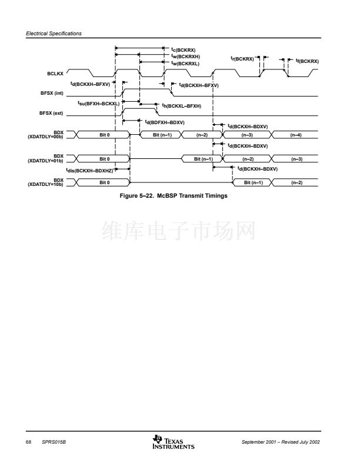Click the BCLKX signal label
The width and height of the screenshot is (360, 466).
55,74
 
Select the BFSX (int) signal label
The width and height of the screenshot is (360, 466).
52,93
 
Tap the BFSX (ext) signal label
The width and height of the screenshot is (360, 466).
51,113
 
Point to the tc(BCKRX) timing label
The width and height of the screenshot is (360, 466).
184,49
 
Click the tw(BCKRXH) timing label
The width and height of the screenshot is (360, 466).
186,56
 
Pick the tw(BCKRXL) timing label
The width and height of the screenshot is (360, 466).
185,64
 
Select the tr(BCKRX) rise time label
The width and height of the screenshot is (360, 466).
242,59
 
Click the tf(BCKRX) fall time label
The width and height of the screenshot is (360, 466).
308,61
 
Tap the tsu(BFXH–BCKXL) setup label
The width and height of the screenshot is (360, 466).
99,104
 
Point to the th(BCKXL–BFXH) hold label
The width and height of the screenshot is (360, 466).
182,106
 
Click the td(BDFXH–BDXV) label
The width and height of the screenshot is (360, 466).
165,122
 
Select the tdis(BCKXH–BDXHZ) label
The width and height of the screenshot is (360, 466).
89,171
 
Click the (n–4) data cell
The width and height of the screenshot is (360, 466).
296,135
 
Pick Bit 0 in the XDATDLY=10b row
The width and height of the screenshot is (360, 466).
105,182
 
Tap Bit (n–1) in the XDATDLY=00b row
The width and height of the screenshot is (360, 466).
162,135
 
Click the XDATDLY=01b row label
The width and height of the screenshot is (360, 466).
45,161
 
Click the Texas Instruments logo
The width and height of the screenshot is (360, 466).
174,442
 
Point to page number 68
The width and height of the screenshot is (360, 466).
28,442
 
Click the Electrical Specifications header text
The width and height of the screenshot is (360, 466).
54,34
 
